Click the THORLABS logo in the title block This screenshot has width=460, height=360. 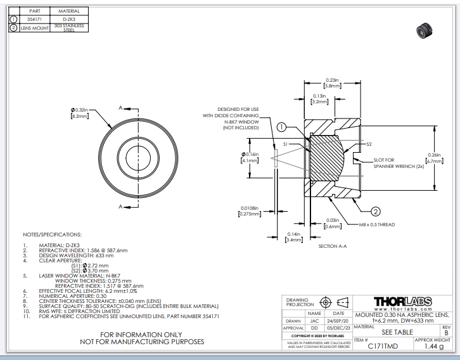click(402, 302)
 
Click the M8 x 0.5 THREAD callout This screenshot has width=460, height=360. click(376, 224)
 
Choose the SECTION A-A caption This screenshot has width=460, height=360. click(337, 246)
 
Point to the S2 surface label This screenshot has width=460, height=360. click(369, 144)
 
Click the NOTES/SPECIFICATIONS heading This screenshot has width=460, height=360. click(52, 234)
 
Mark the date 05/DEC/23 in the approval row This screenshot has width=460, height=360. click(338, 328)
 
